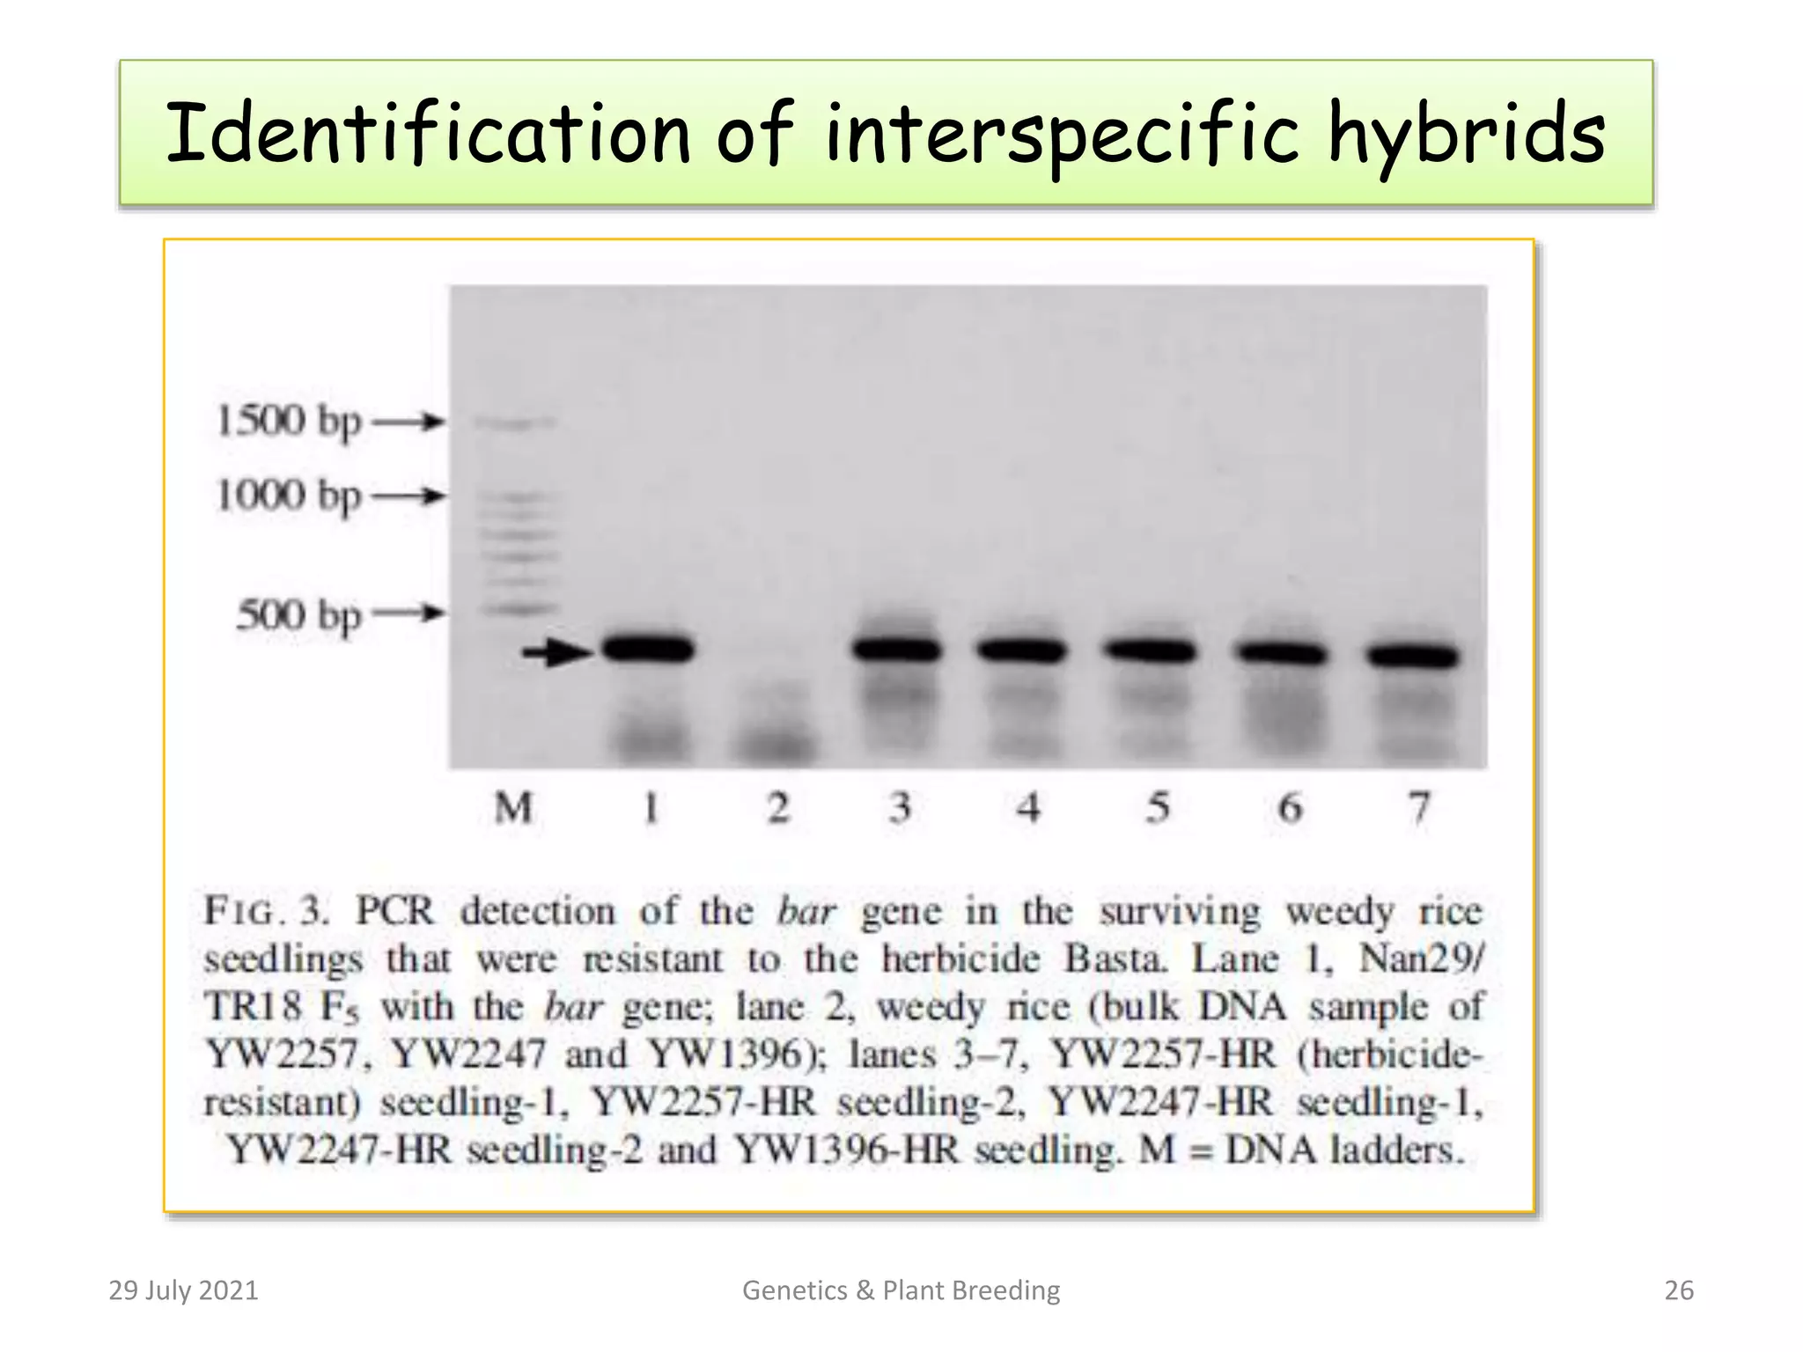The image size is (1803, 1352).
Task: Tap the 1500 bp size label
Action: click(289, 421)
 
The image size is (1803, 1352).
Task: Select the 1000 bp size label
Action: click(289, 496)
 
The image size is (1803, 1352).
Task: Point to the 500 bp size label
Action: click(299, 614)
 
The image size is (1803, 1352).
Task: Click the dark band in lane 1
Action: click(649, 650)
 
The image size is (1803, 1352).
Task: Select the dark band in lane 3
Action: click(897, 650)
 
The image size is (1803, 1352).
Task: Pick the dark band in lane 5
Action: click(1150, 651)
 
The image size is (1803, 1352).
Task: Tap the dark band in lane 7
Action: click(1412, 656)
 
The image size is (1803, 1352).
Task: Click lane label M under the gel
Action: click(513, 807)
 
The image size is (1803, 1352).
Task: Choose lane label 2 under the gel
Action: click(778, 807)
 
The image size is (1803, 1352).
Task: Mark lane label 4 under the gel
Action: click(1028, 807)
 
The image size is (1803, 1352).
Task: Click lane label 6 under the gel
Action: click(1290, 807)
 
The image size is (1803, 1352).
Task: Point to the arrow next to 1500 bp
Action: click(408, 422)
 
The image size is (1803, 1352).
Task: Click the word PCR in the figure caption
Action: click(394, 911)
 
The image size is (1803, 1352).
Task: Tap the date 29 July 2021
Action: click(183, 1290)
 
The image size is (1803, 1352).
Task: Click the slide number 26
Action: click(1679, 1290)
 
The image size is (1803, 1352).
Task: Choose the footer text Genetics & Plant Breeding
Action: click(901, 1290)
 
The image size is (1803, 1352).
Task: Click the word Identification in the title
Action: click(428, 134)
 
